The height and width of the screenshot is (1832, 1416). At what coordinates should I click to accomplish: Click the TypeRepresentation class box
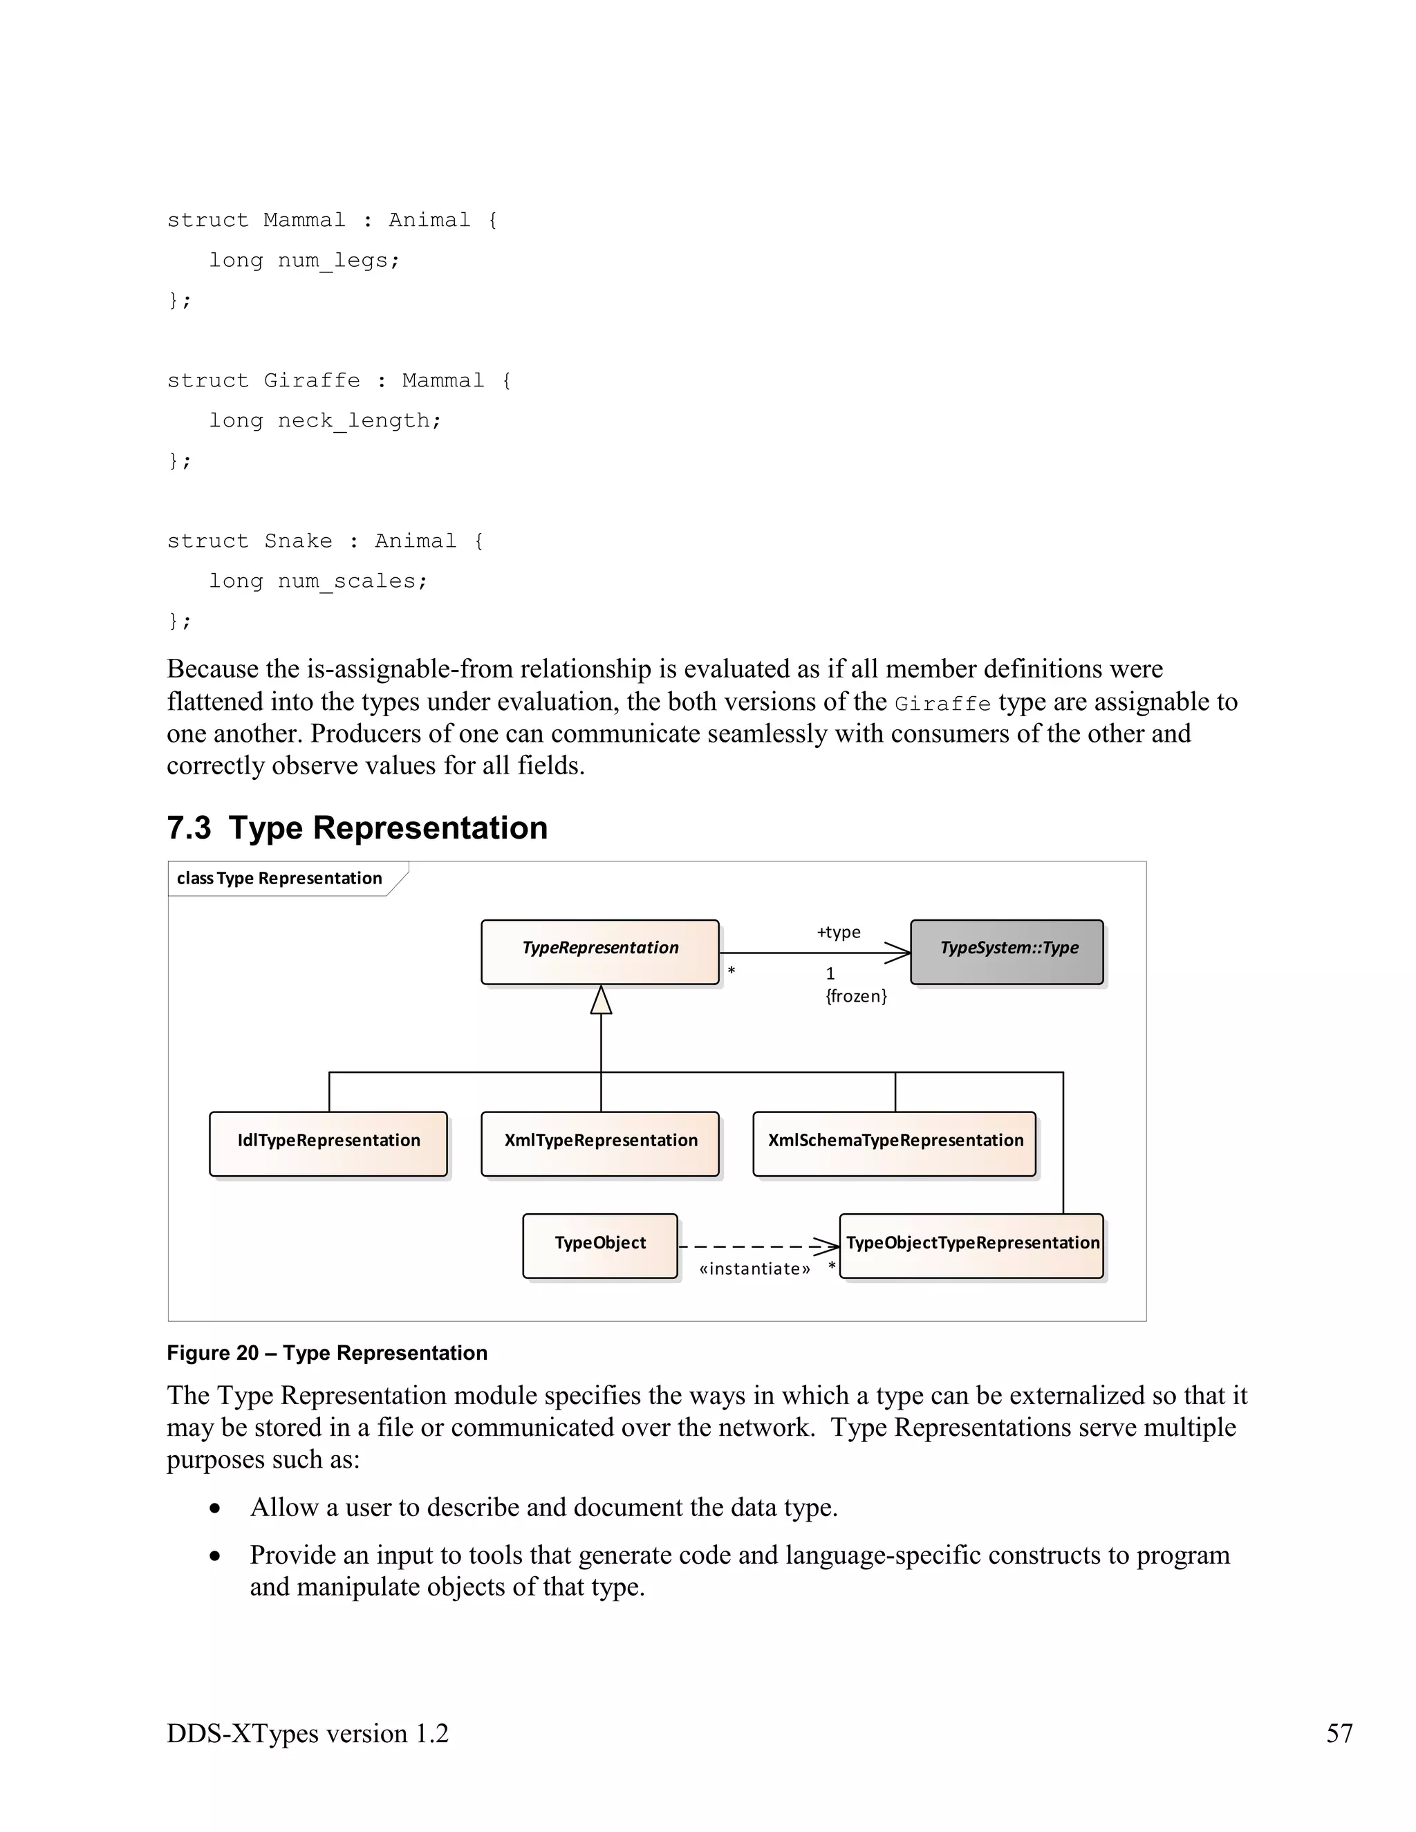599,951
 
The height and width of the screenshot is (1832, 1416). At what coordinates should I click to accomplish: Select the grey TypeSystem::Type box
1007,951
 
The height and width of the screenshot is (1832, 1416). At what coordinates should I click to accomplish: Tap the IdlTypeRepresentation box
328,1143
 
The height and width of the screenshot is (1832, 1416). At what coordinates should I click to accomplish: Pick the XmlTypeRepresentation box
599,1143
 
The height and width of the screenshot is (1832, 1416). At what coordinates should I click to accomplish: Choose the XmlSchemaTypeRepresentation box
894,1143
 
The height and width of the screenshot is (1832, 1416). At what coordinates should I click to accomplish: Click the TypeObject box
599,1246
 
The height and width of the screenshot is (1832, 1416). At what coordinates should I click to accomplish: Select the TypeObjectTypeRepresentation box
971,1246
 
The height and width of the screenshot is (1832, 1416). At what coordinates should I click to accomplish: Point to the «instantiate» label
754,1269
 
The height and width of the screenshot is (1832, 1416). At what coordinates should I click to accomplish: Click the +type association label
839,932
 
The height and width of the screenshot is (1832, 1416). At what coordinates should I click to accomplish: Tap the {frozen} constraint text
856,996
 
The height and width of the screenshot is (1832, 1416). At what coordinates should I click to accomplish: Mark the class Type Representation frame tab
279,878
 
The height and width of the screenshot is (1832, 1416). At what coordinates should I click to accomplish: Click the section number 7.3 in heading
189,828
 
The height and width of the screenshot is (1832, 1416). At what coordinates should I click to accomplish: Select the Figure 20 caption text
327,1353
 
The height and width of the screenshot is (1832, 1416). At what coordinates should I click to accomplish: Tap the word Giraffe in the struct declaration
311,381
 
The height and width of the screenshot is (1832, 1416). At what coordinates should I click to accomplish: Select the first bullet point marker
216,1508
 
